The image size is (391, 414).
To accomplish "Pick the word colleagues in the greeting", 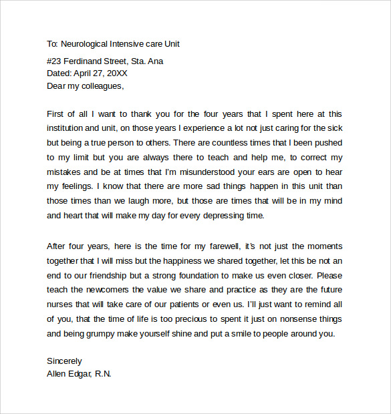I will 102,85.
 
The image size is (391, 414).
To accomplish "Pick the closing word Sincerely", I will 64,361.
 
